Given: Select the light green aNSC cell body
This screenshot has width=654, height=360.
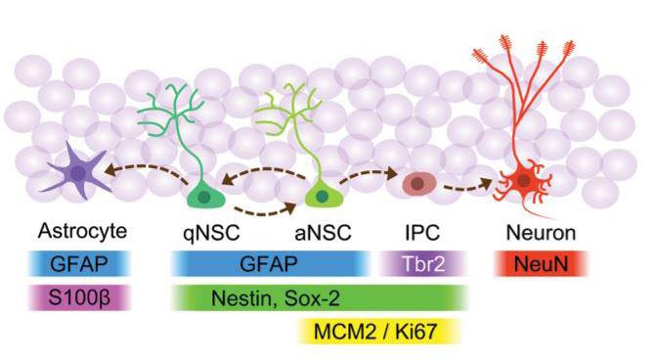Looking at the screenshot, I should coord(319,196).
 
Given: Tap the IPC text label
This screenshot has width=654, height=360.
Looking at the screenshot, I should coord(423,236).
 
